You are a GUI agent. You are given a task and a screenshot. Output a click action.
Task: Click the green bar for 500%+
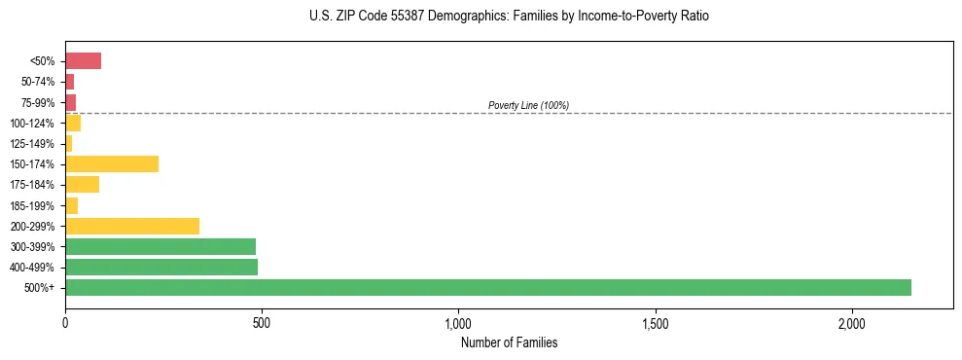(488, 287)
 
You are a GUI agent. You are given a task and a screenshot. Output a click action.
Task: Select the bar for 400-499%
(161, 267)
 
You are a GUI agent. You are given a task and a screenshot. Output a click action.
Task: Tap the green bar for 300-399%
(160, 246)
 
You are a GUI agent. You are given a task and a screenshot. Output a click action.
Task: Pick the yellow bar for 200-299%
(132, 226)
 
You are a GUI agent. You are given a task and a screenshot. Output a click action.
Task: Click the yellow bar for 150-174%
(112, 163)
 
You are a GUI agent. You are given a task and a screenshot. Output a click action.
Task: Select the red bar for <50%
(83, 61)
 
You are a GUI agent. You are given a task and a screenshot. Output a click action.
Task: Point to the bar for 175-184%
(82, 185)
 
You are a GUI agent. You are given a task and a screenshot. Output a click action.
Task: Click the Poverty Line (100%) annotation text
(528, 105)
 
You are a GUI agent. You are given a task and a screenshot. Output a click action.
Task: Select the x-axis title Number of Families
(509, 342)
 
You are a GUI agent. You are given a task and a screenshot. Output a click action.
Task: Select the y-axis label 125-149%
(32, 144)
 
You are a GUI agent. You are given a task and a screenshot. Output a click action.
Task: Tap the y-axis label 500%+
(41, 288)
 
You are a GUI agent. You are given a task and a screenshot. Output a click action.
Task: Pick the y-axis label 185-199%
(32, 205)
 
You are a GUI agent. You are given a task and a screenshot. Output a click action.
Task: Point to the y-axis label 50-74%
(37, 83)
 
